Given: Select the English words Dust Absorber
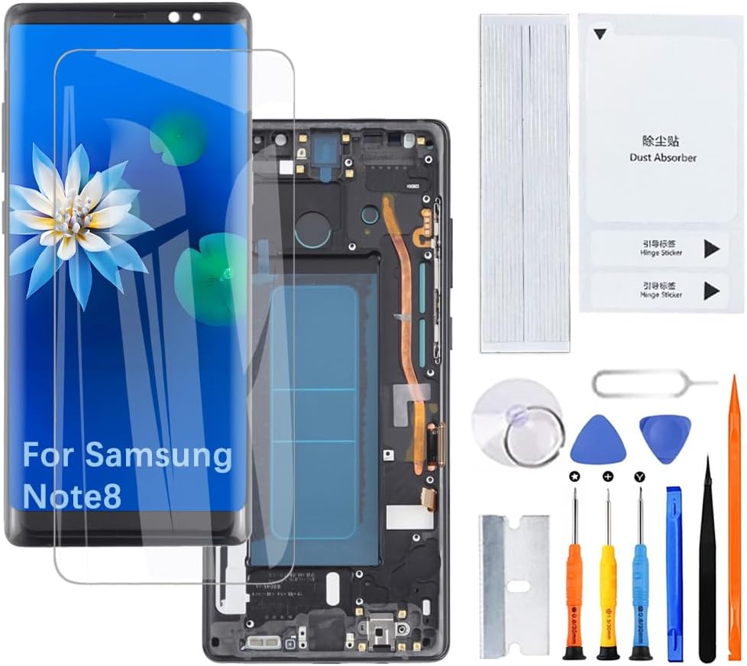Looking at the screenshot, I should pos(662,158).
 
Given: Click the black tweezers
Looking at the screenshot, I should pos(707,565).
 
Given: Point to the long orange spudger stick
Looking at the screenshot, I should pos(735,519).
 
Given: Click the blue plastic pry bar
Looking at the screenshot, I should pos(674,573).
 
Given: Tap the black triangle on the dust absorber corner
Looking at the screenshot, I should pos(600,34).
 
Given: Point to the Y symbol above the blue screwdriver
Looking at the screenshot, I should pos(640,477).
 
